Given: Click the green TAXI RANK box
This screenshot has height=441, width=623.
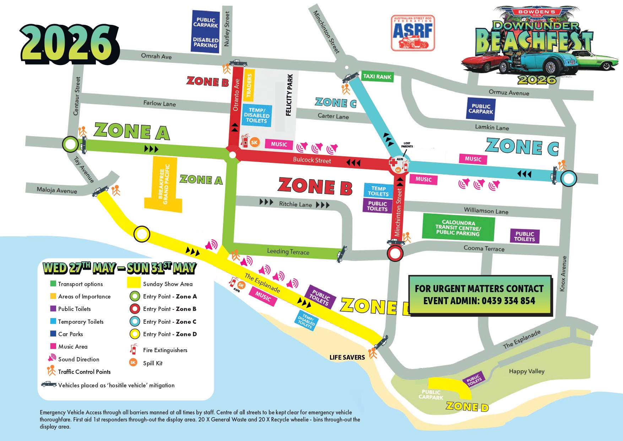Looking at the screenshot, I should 377,76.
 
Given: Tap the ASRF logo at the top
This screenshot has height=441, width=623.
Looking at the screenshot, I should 412,33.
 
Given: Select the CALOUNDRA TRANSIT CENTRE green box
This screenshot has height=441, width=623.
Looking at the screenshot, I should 458,227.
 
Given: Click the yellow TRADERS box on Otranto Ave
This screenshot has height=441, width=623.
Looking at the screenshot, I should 249,85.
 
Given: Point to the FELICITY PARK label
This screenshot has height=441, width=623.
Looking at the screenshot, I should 289,95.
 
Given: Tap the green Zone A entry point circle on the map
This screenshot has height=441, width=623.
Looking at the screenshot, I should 70,144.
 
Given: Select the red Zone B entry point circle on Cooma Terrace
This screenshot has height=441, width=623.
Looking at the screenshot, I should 395,254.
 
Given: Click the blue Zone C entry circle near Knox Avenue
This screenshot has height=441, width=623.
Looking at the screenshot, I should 569,178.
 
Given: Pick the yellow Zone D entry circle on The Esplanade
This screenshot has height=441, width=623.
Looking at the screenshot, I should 142,234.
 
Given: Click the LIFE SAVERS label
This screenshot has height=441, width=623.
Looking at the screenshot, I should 347,357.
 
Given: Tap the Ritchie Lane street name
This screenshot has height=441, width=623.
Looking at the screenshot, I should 295,204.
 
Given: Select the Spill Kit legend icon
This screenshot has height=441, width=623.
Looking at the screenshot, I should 133,362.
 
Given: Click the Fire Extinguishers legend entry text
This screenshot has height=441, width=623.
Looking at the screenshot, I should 165,350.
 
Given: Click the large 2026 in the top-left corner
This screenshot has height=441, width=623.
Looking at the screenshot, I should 69,44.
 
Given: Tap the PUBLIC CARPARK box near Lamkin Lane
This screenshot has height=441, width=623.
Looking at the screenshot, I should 481,109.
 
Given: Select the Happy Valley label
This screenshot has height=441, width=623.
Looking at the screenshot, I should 526,371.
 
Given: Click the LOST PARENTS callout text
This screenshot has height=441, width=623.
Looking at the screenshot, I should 407,145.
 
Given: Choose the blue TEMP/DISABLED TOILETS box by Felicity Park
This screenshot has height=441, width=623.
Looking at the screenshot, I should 257,115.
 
